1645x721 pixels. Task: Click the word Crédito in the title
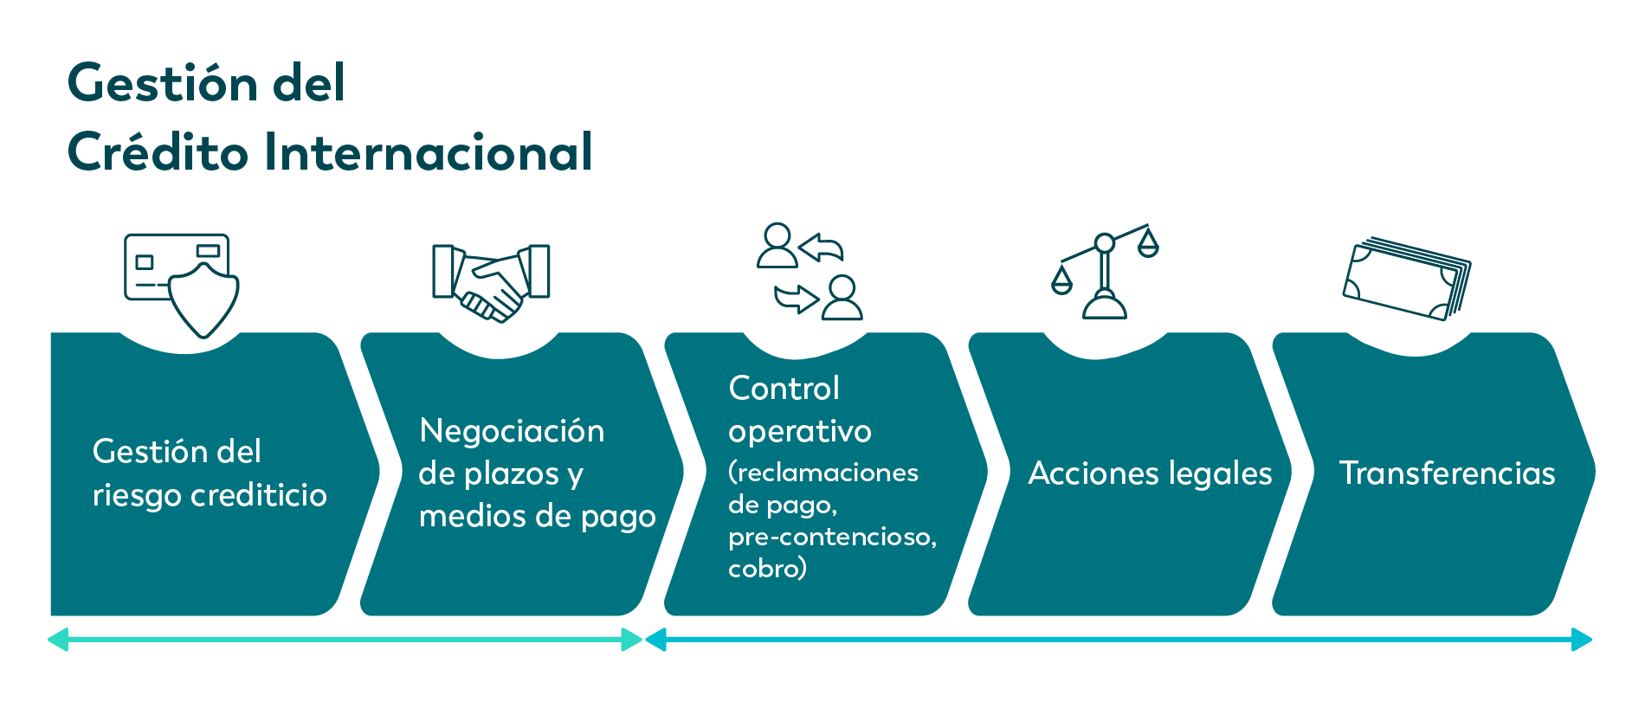point(158,151)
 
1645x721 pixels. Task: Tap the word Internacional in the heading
point(429,152)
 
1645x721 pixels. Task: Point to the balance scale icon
point(1105,272)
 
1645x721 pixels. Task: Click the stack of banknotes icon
point(1407,279)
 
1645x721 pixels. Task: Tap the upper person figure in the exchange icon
point(777,245)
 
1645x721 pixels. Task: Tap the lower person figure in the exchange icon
point(842,298)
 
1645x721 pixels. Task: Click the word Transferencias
point(1447,473)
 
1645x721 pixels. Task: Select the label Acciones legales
point(1150,473)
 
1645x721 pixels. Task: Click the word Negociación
point(512,431)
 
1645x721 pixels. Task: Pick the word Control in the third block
point(784,389)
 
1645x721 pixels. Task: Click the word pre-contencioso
point(832,538)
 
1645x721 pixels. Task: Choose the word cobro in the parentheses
point(762,569)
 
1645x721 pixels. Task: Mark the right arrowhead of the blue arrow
point(1583,640)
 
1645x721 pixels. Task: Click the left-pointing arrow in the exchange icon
point(821,248)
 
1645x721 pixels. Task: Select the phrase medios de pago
point(537,517)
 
